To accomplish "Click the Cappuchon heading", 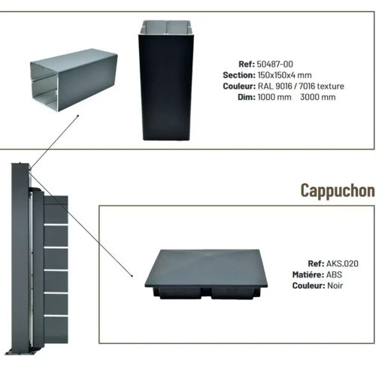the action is [338, 190].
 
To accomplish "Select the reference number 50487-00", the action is [274, 64].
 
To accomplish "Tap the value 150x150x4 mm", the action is [284, 75].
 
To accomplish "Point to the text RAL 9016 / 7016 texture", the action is [301, 86].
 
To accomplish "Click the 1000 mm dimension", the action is [274, 97].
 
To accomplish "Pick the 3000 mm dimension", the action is [318, 97].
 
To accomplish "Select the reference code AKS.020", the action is [342, 264].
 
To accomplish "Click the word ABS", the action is [334, 274].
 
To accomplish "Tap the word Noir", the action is [335, 286].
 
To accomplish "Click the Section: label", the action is [239, 75].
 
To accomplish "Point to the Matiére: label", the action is [308, 274].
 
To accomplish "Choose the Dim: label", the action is [247, 97].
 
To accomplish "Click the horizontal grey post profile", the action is [74, 80].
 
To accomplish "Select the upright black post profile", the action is [166, 80].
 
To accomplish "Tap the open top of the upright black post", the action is [166, 28].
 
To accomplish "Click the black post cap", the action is [206, 274].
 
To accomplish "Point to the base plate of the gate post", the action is [21, 352].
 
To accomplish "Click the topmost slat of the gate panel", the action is [56, 211].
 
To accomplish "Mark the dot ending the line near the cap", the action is [132, 276].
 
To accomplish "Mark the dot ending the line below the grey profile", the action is [78, 116].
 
